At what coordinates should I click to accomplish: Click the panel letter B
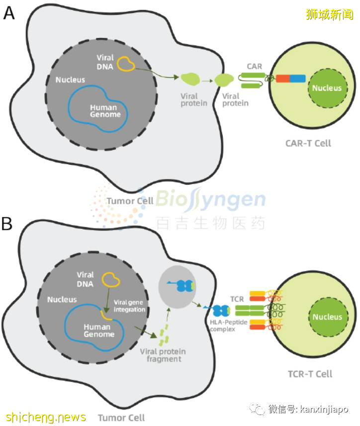click(x=7, y=224)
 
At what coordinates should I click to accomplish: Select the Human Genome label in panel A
click(x=104, y=110)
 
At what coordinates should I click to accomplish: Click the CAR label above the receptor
click(x=254, y=66)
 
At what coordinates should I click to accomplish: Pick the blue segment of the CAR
click(x=297, y=78)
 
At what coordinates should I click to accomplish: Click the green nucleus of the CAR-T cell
click(x=327, y=88)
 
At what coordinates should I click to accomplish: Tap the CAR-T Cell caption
click(x=308, y=144)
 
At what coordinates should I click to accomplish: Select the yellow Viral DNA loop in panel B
click(x=110, y=280)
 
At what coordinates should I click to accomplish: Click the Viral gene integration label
click(x=129, y=306)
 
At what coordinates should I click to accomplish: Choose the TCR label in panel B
click(x=237, y=299)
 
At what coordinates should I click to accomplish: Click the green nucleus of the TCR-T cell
click(x=327, y=317)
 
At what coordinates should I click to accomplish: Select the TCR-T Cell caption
click(x=310, y=373)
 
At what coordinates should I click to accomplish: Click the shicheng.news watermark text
click(x=46, y=417)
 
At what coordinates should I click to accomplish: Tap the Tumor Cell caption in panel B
click(x=121, y=417)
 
